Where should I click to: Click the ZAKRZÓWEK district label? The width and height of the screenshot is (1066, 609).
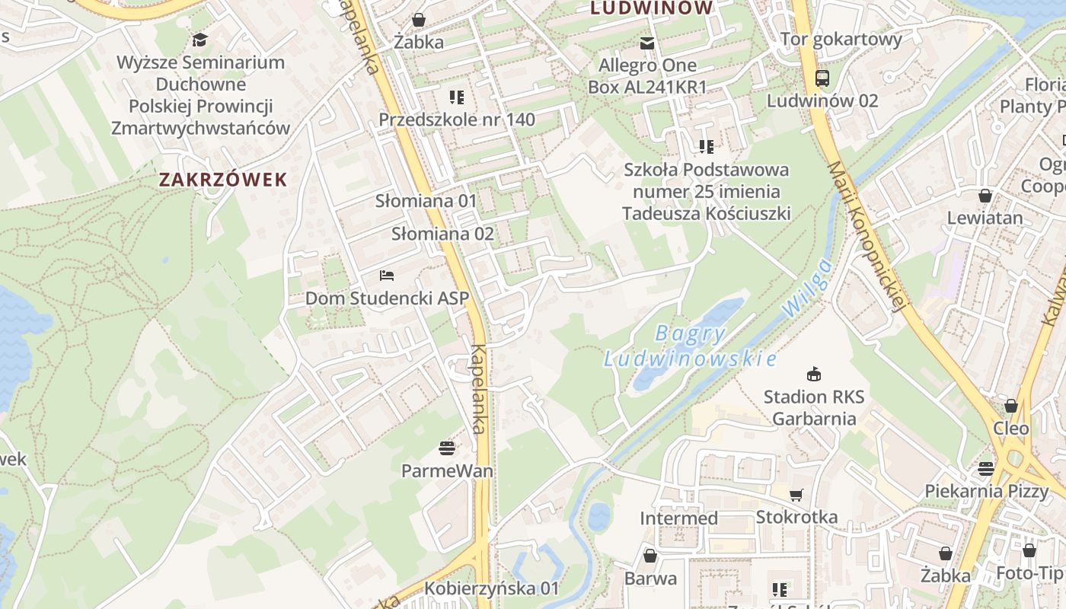tap(223, 180)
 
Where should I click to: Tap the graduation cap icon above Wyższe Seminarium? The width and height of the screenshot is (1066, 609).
tap(200, 40)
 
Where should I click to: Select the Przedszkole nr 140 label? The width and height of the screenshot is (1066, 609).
tap(457, 120)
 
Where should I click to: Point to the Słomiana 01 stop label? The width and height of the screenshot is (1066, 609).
tap(426, 201)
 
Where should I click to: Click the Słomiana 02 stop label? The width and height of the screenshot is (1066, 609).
tap(442, 234)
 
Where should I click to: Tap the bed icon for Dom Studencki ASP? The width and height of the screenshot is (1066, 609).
tap(387, 275)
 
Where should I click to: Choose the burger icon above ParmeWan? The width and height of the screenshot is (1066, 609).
tap(447, 448)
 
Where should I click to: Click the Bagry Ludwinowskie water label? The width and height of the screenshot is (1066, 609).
tap(691, 346)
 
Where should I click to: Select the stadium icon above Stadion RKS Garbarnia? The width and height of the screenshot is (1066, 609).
tap(814, 374)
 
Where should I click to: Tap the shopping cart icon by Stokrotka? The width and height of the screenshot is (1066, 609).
tap(796, 495)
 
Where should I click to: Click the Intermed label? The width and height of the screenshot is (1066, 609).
tap(678, 518)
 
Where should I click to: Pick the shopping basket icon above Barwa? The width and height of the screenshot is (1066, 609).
tap(650, 556)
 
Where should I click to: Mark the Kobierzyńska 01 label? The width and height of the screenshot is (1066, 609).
tap(491, 588)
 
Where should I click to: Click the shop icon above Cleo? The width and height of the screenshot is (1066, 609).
tap(1011, 406)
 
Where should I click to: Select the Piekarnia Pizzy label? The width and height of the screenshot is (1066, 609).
tap(986, 491)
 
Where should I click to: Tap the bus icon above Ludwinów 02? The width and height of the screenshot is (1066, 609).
tap(822, 78)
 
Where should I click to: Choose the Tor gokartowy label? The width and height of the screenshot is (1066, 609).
tap(841, 39)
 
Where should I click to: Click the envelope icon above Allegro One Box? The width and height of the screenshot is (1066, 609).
tap(647, 43)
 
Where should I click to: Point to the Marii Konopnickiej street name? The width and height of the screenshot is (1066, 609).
tap(868, 236)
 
